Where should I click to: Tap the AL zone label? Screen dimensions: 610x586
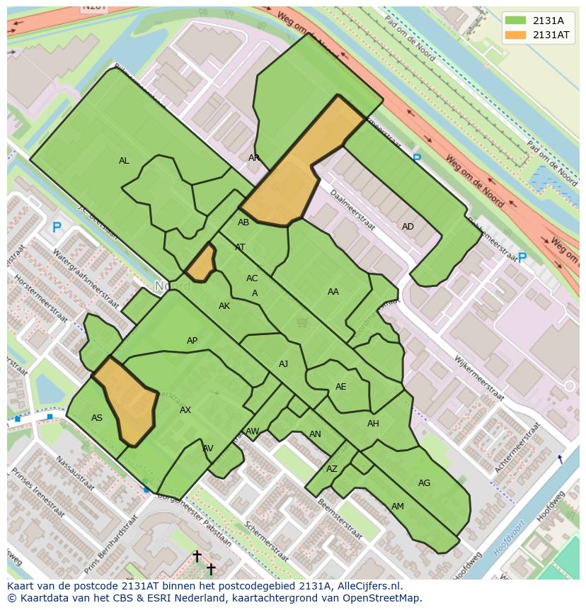click(124, 161)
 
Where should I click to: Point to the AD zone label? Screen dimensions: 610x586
click(408, 227)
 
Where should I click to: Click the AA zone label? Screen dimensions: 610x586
click(333, 291)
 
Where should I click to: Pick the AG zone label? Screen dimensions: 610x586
click(424, 483)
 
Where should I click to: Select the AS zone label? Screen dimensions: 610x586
click(97, 418)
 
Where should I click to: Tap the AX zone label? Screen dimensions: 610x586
click(185, 410)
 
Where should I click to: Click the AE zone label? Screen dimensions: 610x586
click(341, 387)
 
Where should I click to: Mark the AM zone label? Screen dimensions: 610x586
click(398, 507)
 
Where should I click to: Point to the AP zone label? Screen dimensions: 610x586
click(192, 341)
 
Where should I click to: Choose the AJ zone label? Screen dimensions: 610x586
click(283, 364)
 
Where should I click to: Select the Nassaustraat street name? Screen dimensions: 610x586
click(74, 473)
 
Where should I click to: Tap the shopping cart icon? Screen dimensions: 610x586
click(302, 323)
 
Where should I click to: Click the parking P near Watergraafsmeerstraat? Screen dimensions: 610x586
click(57, 227)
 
